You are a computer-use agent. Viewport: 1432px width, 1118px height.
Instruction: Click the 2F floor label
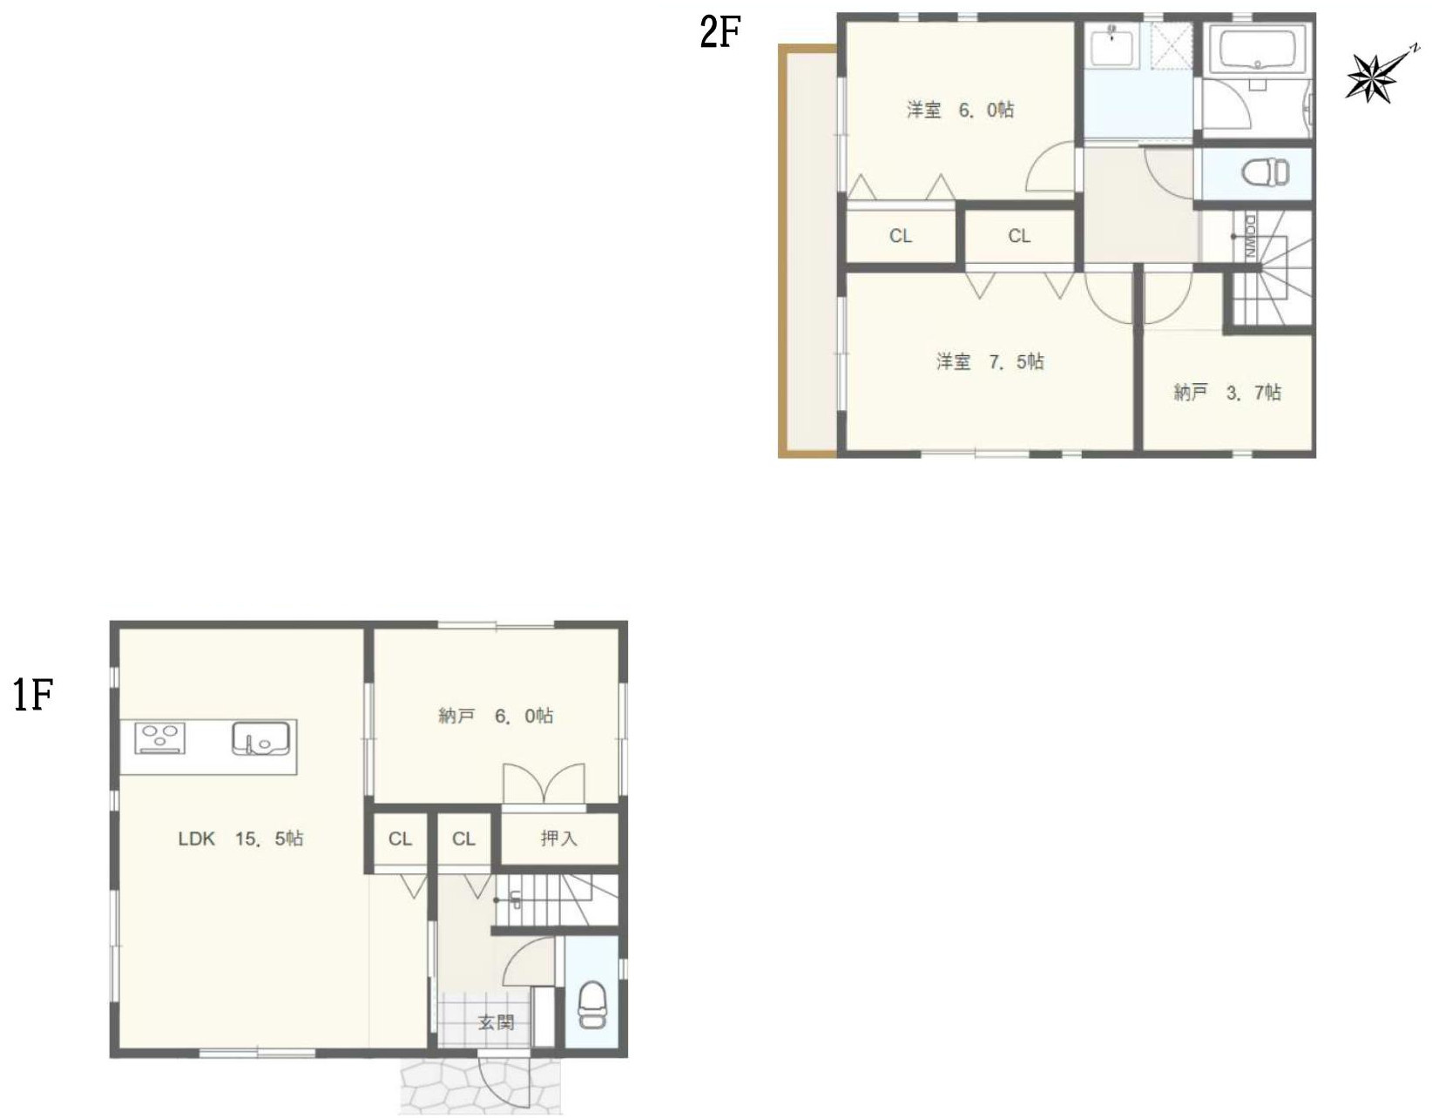tap(719, 34)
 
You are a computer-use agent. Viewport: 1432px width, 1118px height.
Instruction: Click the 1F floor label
tap(33, 696)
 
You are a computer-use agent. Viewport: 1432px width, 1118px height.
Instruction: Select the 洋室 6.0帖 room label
tap(960, 110)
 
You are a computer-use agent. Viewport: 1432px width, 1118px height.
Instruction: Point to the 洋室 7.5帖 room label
tap(990, 361)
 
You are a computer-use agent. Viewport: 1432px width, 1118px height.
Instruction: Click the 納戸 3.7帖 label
tap(1227, 393)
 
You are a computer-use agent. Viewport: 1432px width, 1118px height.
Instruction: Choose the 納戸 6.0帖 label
tap(496, 715)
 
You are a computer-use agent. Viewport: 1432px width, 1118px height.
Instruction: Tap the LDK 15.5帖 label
tap(240, 838)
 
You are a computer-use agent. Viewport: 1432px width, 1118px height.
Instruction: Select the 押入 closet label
tap(559, 838)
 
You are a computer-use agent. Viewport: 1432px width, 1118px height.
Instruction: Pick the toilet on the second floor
tap(1265, 173)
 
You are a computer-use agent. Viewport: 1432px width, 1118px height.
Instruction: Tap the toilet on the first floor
tap(591, 1006)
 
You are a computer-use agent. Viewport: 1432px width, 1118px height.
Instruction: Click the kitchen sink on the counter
tap(260, 738)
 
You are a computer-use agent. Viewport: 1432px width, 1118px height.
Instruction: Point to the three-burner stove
tap(160, 737)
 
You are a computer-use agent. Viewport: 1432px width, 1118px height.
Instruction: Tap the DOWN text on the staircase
tap(1250, 237)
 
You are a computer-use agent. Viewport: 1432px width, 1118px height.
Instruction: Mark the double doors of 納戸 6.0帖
tap(544, 785)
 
